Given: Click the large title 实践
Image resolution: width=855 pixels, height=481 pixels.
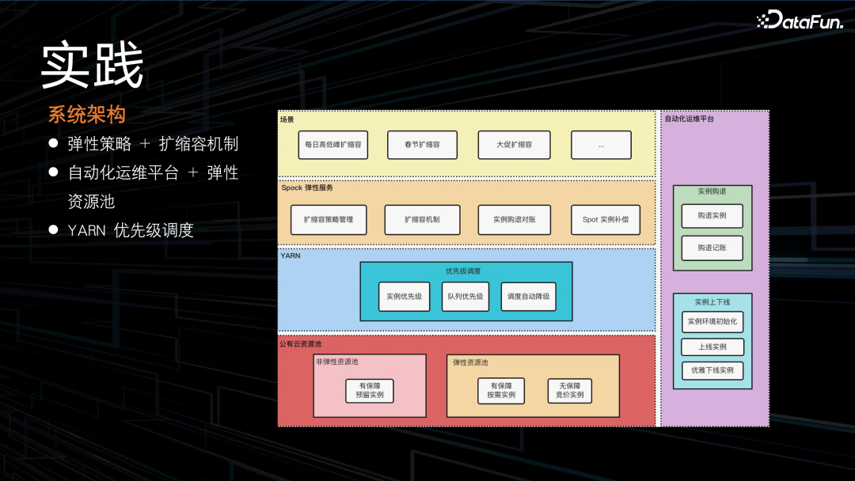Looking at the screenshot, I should [93, 66].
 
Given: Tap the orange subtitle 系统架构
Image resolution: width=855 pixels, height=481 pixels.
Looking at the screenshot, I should [87, 115].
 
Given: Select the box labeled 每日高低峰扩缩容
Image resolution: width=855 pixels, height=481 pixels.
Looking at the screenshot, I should [332, 145].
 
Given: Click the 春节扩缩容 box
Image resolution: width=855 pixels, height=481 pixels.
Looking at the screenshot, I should [422, 145].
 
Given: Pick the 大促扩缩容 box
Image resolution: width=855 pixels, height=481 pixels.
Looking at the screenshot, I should [515, 145].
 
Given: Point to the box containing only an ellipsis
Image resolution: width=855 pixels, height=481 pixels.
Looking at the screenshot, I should [601, 145].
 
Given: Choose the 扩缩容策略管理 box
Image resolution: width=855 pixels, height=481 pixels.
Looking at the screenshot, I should [329, 219].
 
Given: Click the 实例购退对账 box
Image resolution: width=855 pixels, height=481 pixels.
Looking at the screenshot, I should [515, 219].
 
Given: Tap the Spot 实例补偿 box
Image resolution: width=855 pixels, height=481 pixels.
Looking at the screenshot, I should [606, 219].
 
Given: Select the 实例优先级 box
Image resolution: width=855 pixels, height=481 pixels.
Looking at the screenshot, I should [404, 297].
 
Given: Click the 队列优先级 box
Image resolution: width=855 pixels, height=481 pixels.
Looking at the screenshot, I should [465, 297].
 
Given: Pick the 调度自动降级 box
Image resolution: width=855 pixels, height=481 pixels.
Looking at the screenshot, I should [529, 297].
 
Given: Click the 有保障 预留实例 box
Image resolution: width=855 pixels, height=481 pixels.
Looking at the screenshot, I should [370, 390].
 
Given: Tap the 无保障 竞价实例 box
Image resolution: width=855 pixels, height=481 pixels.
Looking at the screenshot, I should [570, 390].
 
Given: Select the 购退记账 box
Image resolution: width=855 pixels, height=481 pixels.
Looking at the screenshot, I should [712, 248].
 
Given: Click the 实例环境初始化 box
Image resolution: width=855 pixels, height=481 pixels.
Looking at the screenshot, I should [712, 322].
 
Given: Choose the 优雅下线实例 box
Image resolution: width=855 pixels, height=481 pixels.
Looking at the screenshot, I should [712, 370].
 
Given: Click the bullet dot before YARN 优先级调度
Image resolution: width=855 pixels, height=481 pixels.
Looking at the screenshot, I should [54, 230].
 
